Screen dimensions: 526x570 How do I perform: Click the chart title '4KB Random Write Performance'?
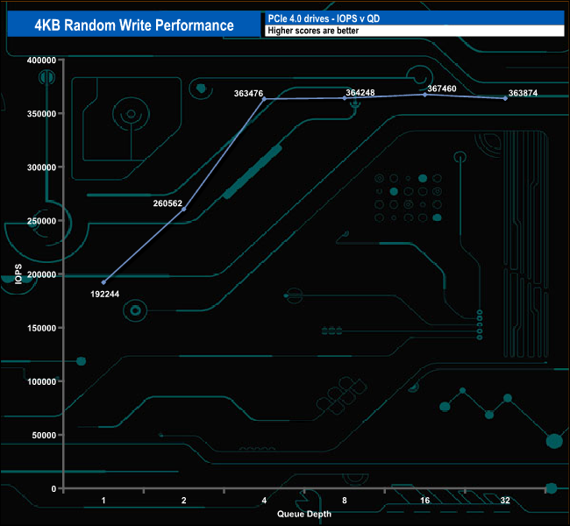(133, 25)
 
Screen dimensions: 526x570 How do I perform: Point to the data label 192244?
(104, 295)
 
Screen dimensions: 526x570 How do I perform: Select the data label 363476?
(251, 92)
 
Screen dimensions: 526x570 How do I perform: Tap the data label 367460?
(444, 89)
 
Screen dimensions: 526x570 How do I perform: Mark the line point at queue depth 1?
(103, 282)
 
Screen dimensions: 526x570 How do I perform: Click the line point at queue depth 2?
(183, 209)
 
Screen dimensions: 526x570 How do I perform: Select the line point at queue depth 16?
(425, 95)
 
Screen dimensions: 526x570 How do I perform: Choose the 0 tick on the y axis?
(53, 488)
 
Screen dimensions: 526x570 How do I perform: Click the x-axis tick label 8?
(345, 501)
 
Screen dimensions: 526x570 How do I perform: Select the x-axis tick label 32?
(505, 501)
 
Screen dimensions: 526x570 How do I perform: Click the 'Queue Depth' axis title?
(304, 514)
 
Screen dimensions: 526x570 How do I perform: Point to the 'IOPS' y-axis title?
(18, 274)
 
